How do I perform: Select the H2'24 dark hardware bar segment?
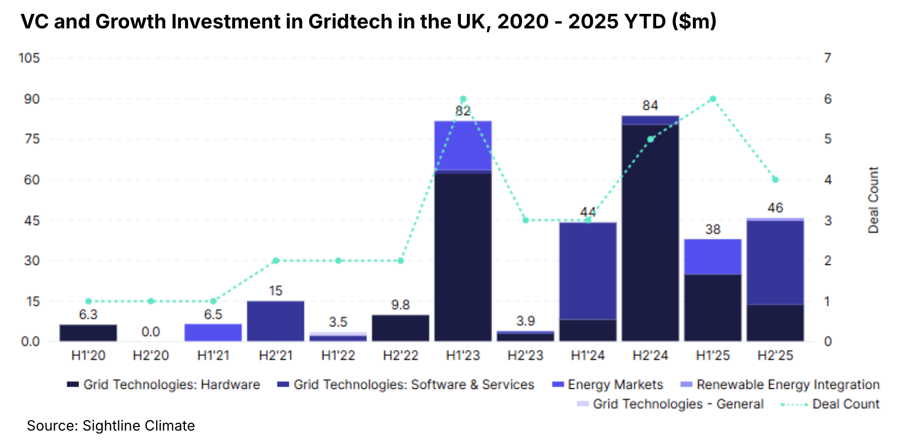coord(650,232)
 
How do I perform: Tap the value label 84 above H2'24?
coord(650,106)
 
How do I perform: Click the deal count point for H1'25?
coord(712,99)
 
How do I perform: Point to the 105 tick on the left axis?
coord(29,58)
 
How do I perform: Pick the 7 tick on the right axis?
coord(827,58)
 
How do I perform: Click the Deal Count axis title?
coord(873,200)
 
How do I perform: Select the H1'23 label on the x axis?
coord(463,355)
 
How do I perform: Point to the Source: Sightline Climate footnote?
coord(111,425)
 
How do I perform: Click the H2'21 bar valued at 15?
coord(275,321)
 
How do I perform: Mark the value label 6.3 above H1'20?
coord(88,314)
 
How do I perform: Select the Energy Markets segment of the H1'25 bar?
coord(712,257)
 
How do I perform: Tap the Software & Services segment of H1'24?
coord(587,271)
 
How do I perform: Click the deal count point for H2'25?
coord(775,180)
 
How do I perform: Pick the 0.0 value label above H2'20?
coord(150,331)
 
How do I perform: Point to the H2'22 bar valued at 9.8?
coord(400,328)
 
